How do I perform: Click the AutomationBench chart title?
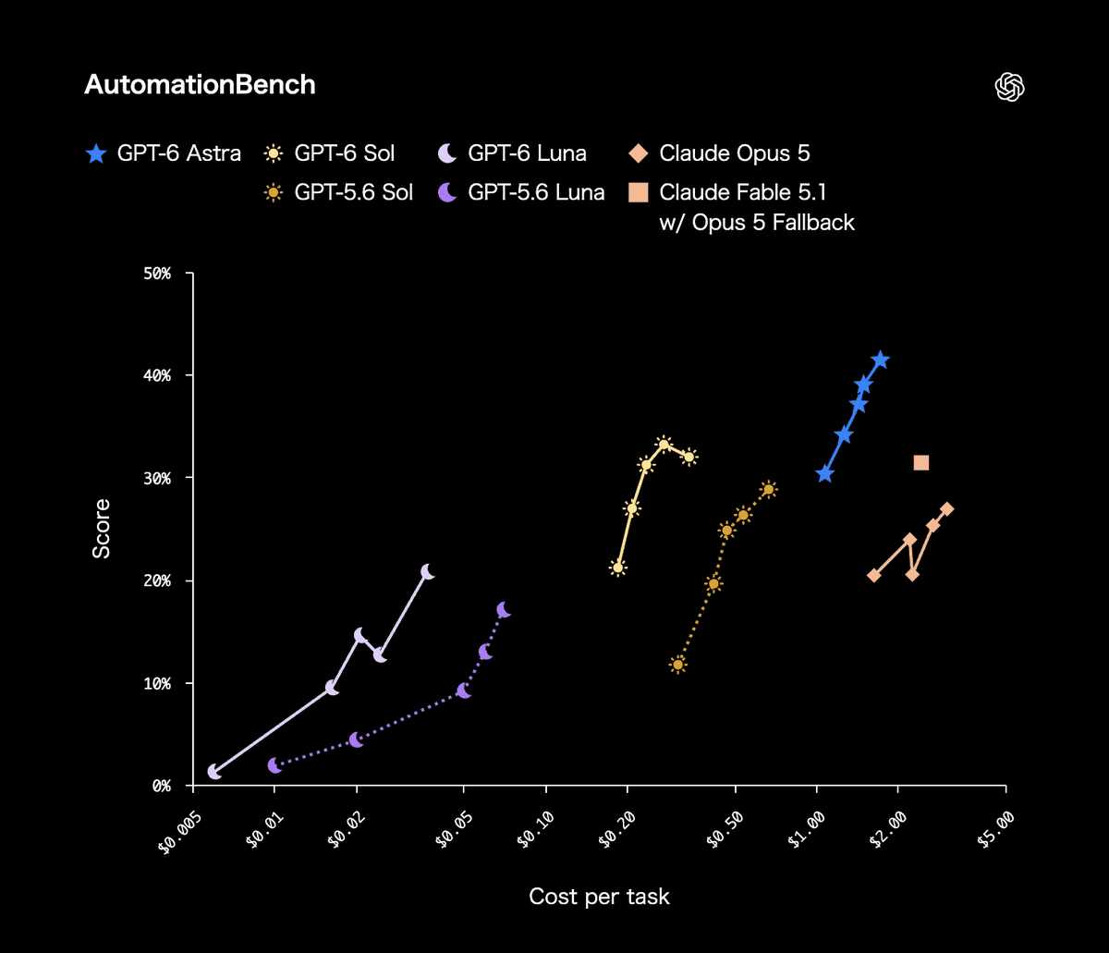pos(200,85)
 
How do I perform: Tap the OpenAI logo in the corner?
pos(1009,86)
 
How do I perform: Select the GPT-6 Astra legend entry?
pos(163,153)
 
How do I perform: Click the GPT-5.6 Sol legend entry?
pos(338,192)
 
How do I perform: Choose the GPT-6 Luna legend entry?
pos(512,153)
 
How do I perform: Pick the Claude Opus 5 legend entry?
pos(719,153)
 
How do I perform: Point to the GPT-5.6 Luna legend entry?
pos(521,192)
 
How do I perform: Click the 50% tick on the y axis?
pos(157,274)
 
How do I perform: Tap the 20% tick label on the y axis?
pos(157,580)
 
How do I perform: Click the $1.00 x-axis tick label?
pos(806,829)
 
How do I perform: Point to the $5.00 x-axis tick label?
pos(995,829)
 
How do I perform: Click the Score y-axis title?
pos(102,529)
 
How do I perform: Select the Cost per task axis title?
pos(599,897)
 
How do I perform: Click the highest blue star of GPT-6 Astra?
pos(881,360)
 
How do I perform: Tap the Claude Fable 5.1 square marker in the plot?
pos(921,462)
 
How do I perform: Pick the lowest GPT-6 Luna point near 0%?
pos(214,772)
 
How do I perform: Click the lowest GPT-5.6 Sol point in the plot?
pos(677,665)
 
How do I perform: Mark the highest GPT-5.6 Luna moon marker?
pos(504,610)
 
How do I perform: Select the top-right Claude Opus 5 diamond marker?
pos(947,508)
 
